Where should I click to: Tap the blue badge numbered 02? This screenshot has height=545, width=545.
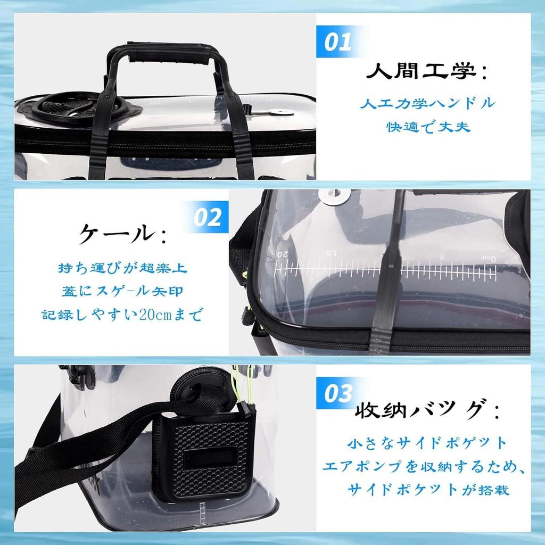[207, 217]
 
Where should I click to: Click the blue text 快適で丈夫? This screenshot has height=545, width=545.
[428, 127]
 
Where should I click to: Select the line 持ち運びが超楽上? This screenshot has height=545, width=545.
[122, 267]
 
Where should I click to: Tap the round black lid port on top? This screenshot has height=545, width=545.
[67, 107]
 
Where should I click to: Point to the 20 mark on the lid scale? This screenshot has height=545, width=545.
[282, 254]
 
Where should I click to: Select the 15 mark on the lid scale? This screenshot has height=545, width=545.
[331, 253]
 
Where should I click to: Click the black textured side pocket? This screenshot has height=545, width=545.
[202, 458]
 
